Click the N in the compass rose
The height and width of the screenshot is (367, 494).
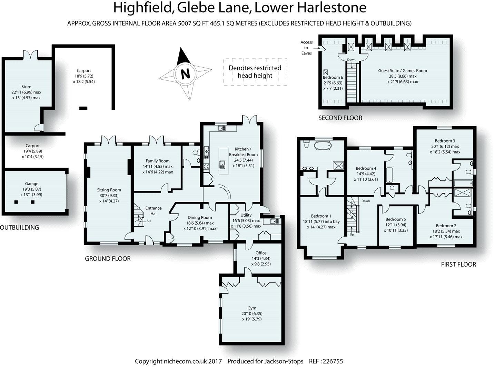click(x=186, y=74)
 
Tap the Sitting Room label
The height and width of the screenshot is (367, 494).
click(x=109, y=190)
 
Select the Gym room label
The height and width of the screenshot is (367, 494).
click(x=252, y=308)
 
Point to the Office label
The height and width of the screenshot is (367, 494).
click(x=261, y=253)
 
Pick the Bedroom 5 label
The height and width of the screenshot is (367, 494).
click(x=396, y=219)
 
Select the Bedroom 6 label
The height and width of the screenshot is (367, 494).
click(x=333, y=78)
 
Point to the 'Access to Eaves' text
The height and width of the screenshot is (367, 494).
click(x=306, y=48)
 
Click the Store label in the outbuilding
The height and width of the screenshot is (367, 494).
click(x=26, y=87)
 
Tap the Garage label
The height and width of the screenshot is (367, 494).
click(x=32, y=184)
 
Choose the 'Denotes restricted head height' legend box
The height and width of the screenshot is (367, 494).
click(x=255, y=72)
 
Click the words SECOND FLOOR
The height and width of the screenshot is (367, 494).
click(x=340, y=118)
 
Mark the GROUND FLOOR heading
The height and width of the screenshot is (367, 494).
click(x=108, y=259)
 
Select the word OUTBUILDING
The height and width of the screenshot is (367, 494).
click(x=19, y=228)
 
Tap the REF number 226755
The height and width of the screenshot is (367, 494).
click(x=332, y=361)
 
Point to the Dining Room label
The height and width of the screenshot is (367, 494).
click(x=200, y=218)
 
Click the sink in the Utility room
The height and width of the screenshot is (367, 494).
click(x=275, y=221)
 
